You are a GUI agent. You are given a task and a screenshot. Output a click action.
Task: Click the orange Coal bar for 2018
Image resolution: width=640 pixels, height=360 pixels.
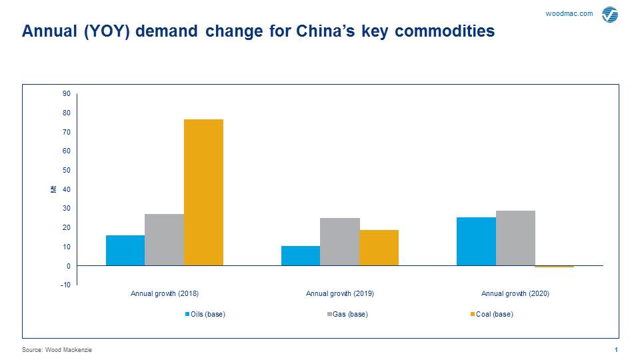(203, 192)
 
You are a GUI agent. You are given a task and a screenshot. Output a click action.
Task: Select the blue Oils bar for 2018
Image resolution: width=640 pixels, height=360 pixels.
(125, 250)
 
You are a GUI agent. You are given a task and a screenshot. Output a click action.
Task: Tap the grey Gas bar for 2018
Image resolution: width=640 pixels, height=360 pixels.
(164, 239)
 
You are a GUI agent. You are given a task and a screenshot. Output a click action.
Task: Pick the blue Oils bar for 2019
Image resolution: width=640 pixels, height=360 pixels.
(301, 255)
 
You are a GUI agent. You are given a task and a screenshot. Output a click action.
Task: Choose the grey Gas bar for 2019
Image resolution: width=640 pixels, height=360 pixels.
(340, 241)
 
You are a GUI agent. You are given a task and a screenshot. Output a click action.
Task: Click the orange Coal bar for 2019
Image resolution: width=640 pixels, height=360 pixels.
(379, 247)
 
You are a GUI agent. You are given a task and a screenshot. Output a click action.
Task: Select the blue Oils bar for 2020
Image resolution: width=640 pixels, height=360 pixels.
(476, 241)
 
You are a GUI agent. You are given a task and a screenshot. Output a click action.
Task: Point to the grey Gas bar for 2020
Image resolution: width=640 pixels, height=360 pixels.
(515, 238)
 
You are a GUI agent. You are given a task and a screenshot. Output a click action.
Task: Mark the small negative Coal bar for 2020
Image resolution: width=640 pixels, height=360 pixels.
(554, 267)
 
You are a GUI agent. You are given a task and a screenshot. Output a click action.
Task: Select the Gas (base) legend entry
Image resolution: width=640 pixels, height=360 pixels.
(349, 314)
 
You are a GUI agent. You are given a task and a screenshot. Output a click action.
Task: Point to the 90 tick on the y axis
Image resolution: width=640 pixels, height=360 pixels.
(67, 93)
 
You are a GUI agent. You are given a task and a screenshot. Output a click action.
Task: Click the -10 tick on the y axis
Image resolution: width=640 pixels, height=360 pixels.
(65, 285)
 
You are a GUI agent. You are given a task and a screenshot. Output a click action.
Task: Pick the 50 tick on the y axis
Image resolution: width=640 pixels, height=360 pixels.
(67, 170)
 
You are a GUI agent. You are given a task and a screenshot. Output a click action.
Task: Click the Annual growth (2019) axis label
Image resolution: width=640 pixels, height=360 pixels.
(340, 293)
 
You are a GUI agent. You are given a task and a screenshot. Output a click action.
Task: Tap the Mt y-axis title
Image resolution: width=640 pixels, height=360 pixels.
(53, 189)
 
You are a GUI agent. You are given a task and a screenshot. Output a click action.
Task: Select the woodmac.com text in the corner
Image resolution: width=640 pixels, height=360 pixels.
(569, 13)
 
